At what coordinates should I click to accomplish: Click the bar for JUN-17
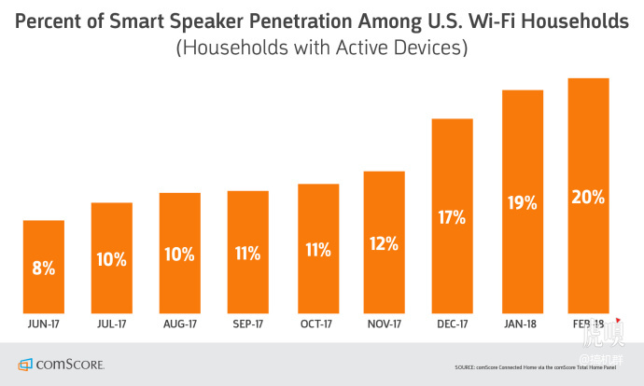tap(44, 267)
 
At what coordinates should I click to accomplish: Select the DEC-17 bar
tap(452, 216)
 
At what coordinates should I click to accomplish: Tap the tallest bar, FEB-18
tap(588, 196)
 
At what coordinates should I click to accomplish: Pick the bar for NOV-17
tap(384, 242)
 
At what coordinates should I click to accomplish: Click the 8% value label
tap(44, 269)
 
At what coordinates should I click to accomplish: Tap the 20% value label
tap(588, 198)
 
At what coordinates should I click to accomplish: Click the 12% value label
tap(384, 244)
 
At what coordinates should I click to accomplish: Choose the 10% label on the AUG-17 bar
tap(180, 255)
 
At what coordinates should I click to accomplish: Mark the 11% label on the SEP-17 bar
tap(248, 253)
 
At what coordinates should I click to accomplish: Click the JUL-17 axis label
tap(112, 325)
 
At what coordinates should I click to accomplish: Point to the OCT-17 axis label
tap(316, 325)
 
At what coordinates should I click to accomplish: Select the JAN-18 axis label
tap(520, 325)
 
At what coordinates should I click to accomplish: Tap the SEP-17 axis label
tap(248, 325)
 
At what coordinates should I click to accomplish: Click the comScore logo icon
tap(23, 364)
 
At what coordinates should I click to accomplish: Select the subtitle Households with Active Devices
tap(321, 47)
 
